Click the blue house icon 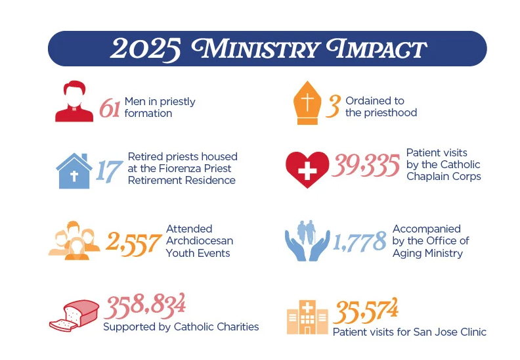coord(74,170)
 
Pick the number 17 coord(109,170)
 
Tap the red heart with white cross coord(307,169)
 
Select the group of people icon coord(74,240)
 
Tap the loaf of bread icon coord(74,316)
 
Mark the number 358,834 coord(144,305)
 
